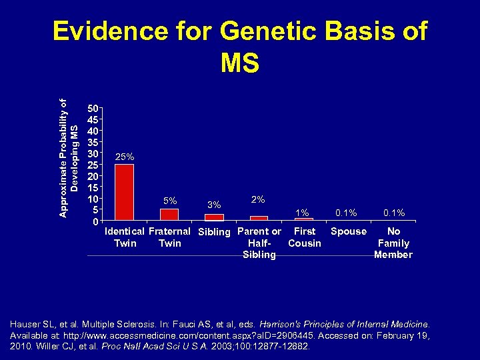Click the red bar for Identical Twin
coord(124,192)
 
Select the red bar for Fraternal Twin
coord(169,214)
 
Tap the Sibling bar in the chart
coord(214,217)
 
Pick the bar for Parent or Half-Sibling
coord(259,218)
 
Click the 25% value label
coord(125,157)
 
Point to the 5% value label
coord(170,201)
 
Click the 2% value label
coord(259,199)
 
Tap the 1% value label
coord(303,213)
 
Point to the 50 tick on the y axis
coord(94,107)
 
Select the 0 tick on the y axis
coord(97,221)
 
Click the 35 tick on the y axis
coord(94,141)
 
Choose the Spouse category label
coord(349,231)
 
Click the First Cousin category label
coord(305,237)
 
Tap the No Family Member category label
coord(393,243)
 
